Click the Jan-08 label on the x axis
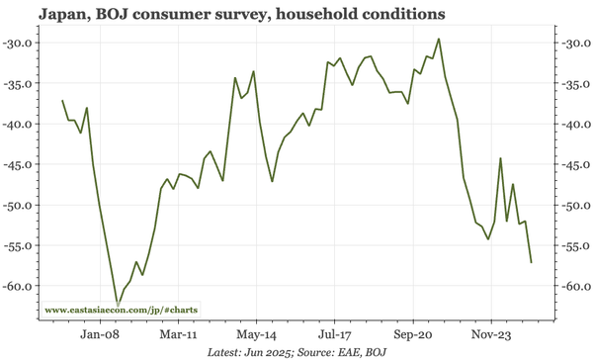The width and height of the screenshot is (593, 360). pyautogui.click(x=100, y=334)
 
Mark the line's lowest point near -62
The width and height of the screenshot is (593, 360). pyautogui.click(x=118, y=305)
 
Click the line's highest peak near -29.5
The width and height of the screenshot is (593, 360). pyautogui.click(x=439, y=40)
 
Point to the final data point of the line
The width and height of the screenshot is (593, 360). pyautogui.click(x=532, y=262)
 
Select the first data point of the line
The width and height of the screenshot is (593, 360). pyautogui.click(x=62, y=101)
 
